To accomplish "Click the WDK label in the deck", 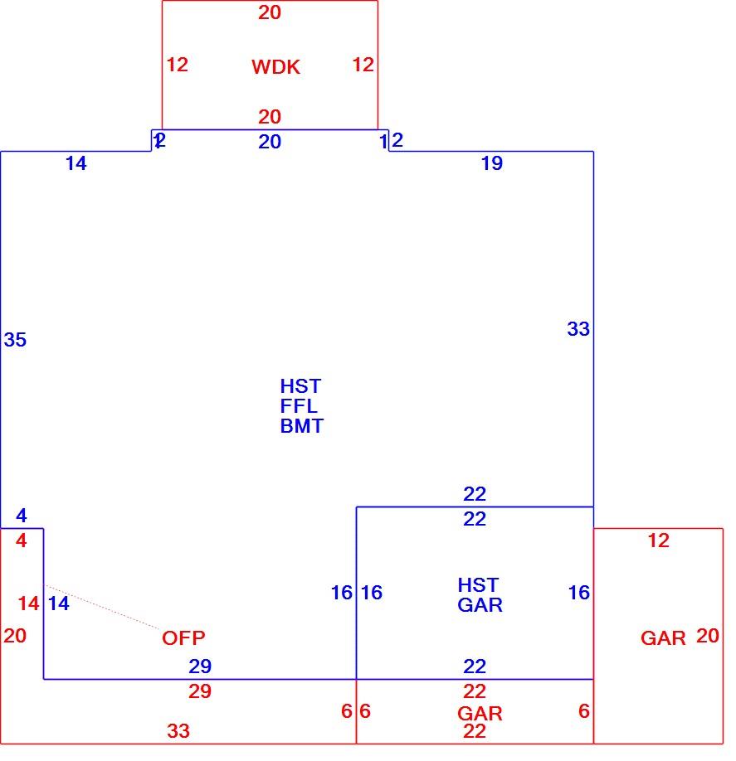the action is tap(275, 67).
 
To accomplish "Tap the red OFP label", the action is tap(183, 637).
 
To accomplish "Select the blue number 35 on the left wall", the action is tap(15, 340).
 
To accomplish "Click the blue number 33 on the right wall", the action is tap(578, 329).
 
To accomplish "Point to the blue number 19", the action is tap(492, 163).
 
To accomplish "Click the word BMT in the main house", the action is tap(302, 426).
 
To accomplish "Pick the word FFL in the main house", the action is tap(298, 405).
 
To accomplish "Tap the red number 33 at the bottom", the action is tap(178, 731).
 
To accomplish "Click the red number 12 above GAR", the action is tap(658, 540).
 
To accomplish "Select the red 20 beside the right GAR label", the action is tap(707, 636).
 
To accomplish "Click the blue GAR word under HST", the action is tap(480, 605).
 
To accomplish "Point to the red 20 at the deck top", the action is tap(270, 12).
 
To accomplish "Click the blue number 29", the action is tap(200, 666).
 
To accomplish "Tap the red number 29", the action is tap(200, 691).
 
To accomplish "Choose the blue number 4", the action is tap(22, 516).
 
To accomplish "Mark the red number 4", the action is tap(22, 540).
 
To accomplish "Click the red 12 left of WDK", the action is tap(178, 65).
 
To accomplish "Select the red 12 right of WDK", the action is tap(363, 65).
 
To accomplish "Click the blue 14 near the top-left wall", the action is tap(76, 163).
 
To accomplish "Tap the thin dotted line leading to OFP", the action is tap(103, 607).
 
